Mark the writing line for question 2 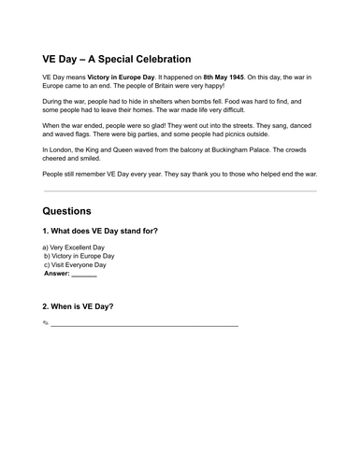coord(145,325)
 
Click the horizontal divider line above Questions coord(180,191)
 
